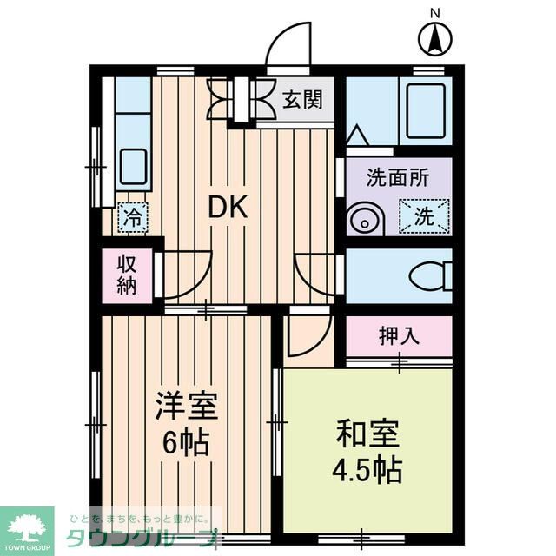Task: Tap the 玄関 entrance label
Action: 301,99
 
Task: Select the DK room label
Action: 228,207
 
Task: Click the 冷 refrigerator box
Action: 132,216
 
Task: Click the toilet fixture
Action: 428,277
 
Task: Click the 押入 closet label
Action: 399,336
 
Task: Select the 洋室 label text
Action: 185,407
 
